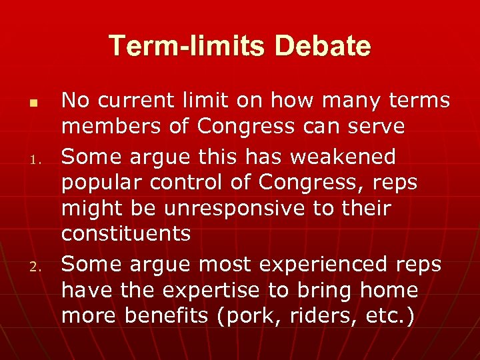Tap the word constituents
125,233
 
